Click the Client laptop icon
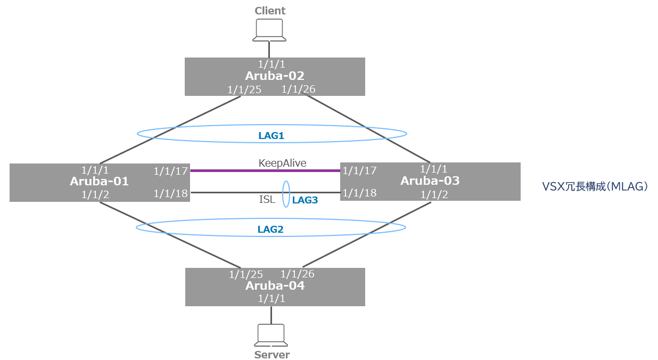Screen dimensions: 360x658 coord(269,30)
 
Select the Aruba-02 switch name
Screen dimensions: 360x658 coord(274,76)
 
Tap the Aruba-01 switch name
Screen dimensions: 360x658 coord(100,182)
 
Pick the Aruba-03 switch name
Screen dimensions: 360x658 coord(430,181)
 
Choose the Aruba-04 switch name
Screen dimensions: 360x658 coord(275,286)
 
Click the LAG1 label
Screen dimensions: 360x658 coord(271,136)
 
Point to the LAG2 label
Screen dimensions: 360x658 coord(270,230)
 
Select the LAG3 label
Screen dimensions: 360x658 coord(305,201)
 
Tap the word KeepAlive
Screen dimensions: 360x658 coord(282,163)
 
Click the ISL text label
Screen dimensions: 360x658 coord(267,200)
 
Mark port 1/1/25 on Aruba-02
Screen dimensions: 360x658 coord(244,89)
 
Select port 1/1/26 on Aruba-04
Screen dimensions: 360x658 coord(297,274)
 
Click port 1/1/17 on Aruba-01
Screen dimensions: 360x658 coord(171,171)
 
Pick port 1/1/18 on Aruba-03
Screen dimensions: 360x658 coord(359,193)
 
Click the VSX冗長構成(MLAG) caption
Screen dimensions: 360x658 coord(595,186)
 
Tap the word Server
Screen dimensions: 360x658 coord(272,355)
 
